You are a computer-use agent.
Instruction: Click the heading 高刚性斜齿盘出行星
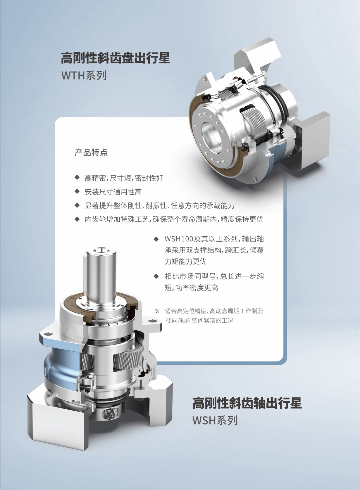click(116, 58)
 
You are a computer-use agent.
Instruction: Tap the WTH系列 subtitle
click(84, 75)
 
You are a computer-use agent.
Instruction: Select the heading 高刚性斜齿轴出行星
click(247, 403)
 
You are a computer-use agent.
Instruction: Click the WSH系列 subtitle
click(215, 420)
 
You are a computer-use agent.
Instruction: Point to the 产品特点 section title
click(91, 153)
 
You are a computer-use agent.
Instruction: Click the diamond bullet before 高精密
click(77, 177)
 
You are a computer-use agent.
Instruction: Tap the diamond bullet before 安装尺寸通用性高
click(77, 191)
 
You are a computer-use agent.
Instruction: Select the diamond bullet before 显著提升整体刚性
click(77, 205)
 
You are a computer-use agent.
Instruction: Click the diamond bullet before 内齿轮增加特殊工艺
click(77, 219)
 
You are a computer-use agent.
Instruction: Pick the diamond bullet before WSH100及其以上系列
click(156, 239)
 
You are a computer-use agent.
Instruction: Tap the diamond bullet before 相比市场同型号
click(156, 276)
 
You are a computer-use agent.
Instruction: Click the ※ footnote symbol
click(156, 311)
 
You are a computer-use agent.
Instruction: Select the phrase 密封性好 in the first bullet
click(149, 178)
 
